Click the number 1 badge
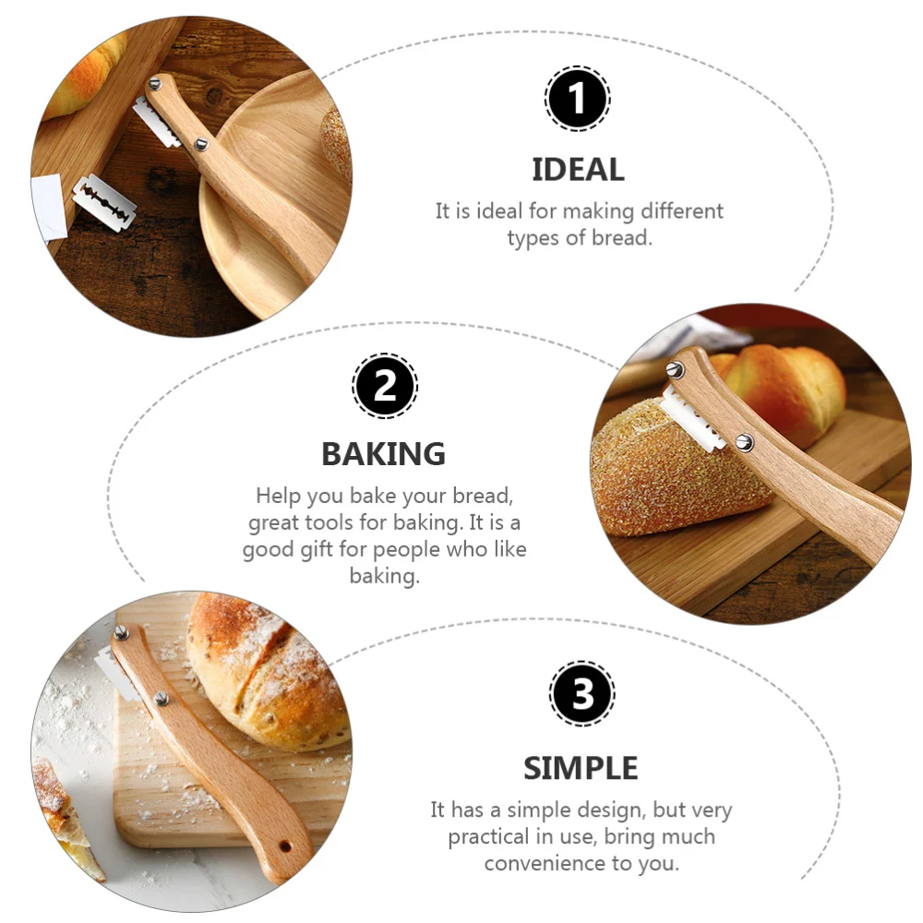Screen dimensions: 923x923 click(x=577, y=99)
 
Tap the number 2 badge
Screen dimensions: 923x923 click(x=385, y=386)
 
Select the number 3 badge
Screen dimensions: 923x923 click(x=581, y=694)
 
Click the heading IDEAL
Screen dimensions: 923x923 click(x=578, y=170)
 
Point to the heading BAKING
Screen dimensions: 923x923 click(x=383, y=454)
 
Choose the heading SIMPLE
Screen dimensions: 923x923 click(x=581, y=768)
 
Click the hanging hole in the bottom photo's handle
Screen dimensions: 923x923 click(x=285, y=845)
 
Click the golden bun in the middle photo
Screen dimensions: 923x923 click(x=785, y=388)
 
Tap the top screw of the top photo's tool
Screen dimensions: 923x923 click(x=155, y=84)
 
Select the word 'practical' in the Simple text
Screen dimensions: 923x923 click(x=493, y=838)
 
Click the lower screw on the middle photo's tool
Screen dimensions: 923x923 click(x=744, y=442)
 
